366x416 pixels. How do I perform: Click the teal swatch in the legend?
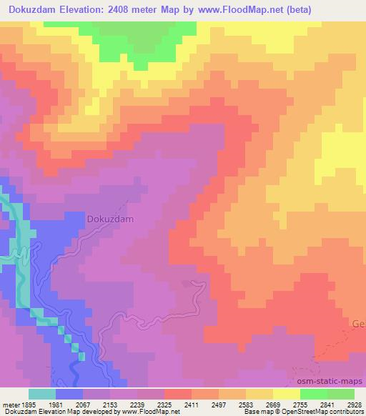[x=42, y=394]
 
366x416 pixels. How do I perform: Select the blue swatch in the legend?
[x=69, y=394]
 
